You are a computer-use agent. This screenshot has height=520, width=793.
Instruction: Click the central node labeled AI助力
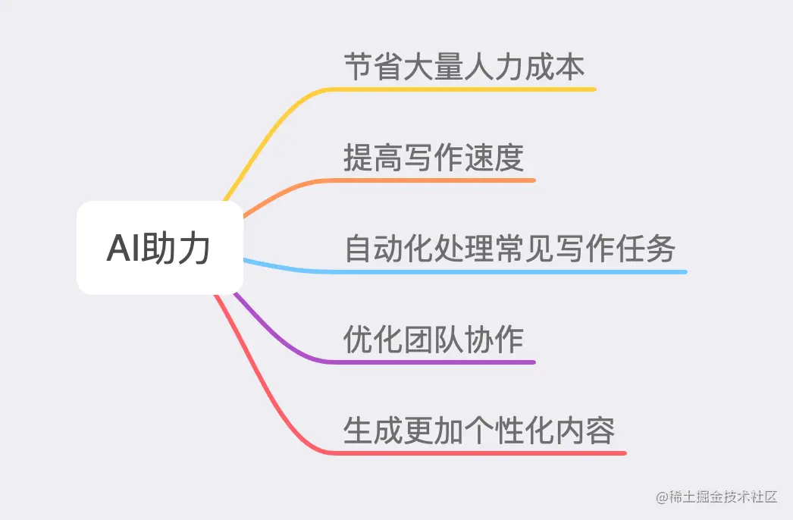pos(159,248)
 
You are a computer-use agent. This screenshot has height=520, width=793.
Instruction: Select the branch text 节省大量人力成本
pos(464,67)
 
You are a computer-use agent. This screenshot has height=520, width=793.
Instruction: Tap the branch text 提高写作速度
pos(434,158)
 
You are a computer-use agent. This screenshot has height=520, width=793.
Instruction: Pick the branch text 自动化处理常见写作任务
pos(509,249)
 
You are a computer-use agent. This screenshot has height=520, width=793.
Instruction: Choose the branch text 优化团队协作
pos(434,340)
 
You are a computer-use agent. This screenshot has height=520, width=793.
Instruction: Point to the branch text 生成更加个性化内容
pos(479,431)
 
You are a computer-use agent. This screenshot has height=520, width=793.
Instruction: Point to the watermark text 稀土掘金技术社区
pos(717,497)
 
